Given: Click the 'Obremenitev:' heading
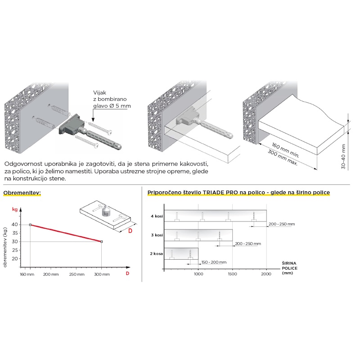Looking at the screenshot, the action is point(22,193).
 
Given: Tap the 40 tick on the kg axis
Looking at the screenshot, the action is point(15,225).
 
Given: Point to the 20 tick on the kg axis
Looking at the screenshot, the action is point(15,258).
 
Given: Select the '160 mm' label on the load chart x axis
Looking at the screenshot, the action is point(27,274).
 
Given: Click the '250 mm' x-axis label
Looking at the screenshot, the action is point(76,274).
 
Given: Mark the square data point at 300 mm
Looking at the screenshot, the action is point(102,242).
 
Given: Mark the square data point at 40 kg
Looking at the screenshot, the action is point(30,225).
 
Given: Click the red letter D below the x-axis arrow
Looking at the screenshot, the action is point(127,273).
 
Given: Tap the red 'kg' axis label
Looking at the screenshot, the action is point(15,209).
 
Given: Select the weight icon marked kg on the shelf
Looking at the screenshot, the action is point(106,211).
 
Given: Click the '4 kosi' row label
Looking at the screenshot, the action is point(157,216).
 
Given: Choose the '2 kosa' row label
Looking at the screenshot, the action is point(156,254).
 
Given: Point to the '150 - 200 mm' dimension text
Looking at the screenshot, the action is point(214,262).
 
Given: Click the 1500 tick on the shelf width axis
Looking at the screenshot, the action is point(232,274).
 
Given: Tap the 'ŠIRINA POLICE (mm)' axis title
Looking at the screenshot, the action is point(289,268).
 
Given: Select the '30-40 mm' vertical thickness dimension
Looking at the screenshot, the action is point(343,157).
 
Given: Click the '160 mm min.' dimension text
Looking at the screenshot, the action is point(286,150).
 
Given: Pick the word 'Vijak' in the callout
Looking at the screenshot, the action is point(99,93).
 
